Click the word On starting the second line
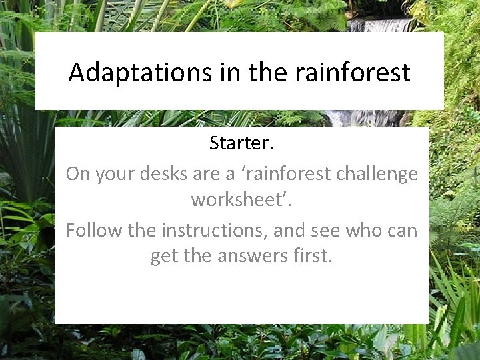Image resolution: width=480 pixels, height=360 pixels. (x=78, y=174)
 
